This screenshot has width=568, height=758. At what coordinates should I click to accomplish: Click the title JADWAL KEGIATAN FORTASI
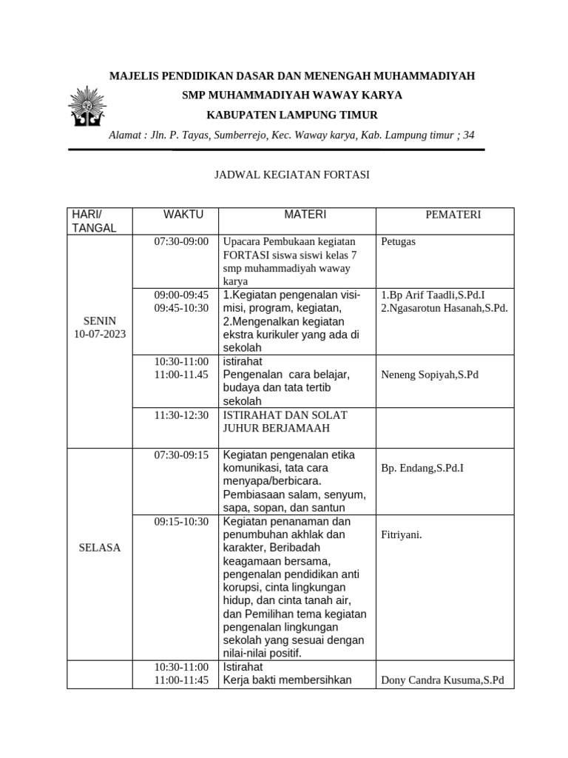pyautogui.click(x=291, y=175)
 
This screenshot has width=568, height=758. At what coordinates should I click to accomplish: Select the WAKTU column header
pyautogui.click(x=183, y=215)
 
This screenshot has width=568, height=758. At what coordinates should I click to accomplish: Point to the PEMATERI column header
pyautogui.click(x=453, y=215)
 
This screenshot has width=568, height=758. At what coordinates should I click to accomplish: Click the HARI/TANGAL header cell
pyautogui.click(x=93, y=221)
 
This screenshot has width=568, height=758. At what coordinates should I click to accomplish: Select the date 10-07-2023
pyautogui.click(x=99, y=334)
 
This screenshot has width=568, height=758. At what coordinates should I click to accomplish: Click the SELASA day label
pyautogui.click(x=99, y=548)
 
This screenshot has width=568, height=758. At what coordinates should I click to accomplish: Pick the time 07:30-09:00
pyautogui.click(x=182, y=242)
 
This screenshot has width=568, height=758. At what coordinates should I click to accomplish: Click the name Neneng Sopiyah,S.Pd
pyautogui.click(x=430, y=375)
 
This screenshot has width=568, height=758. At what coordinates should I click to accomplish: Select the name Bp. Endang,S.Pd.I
pyautogui.click(x=422, y=469)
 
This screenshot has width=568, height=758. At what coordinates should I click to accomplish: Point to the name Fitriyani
pyautogui.click(x=401, y=534)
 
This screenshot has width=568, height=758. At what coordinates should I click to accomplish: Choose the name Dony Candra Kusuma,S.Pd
pyautogui.click(x=442, y=680)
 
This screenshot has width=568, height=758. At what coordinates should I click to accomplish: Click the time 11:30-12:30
pyautogui.click(x=182, y=415)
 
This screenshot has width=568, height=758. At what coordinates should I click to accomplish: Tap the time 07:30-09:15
pyautogui.click(x=182, y=455)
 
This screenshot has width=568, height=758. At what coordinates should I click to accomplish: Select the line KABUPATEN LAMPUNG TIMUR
pyautogui.click(x=291, y=115)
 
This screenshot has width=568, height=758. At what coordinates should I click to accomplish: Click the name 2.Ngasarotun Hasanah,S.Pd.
pyautogui.click(x=444, y=308)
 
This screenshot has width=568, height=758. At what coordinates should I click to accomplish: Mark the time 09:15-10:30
pyautogui.click(x=182, y=522)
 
